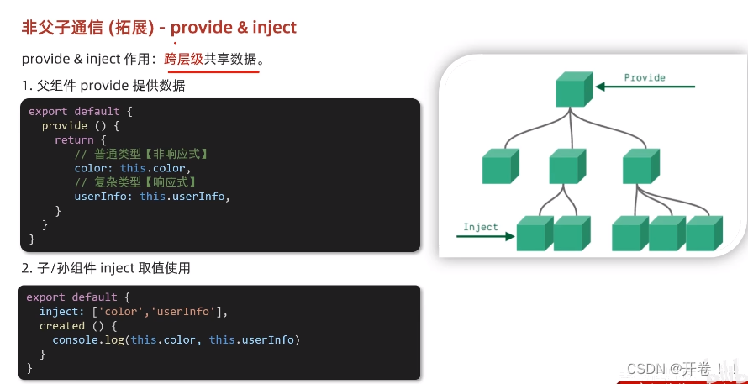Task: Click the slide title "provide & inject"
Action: tap(233, 28)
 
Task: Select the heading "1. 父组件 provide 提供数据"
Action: tap(103, 86)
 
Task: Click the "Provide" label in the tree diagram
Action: tap(645, 78)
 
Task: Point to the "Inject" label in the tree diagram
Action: tap(481, 227)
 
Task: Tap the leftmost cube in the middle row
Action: tap(500, 166)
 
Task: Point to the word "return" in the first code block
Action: tap(74, 139)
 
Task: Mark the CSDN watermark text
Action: tap(681, 369)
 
